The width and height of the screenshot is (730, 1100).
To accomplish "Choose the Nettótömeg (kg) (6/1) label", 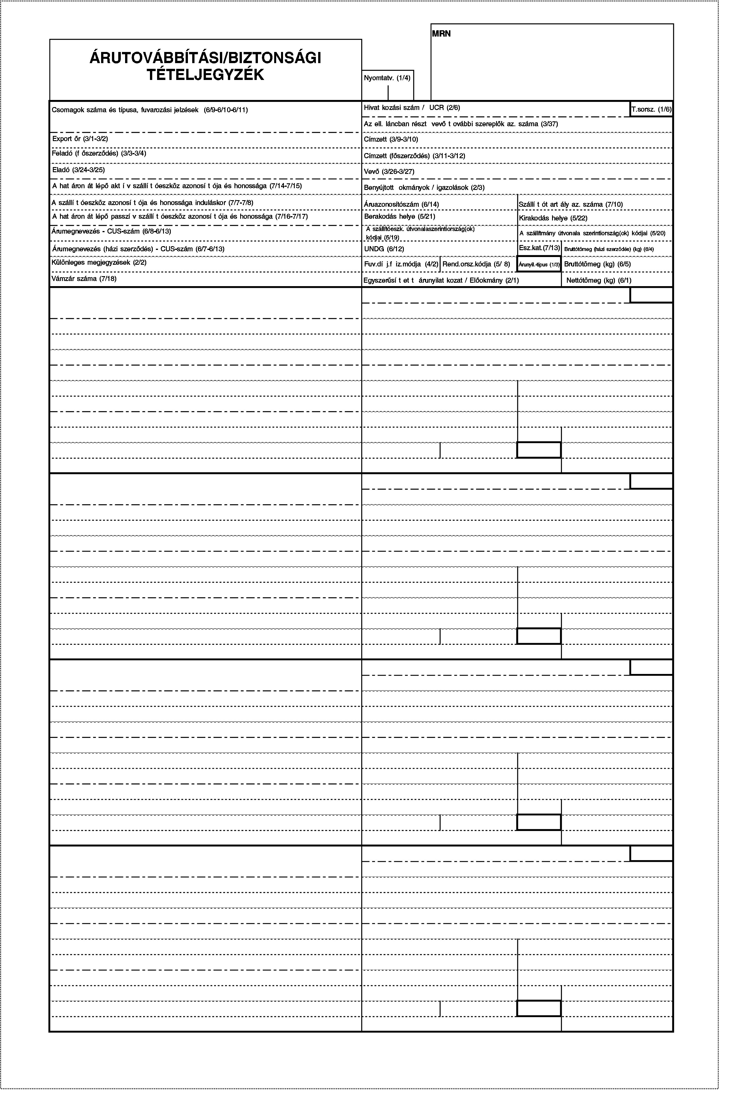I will tap(599, 280).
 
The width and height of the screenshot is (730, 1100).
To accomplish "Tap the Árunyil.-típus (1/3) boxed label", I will tap(539, 265).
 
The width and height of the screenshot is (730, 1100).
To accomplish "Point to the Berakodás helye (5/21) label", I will tap(400, 216).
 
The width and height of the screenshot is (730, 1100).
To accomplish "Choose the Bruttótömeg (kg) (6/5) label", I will tap(597, 264).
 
